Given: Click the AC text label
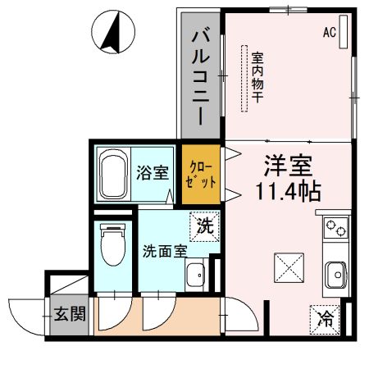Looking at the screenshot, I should pos(330,34).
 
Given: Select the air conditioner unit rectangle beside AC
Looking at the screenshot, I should pos(344,33).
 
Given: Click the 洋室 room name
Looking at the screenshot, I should pos(286,165).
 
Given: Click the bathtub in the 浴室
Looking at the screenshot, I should pos(113,173).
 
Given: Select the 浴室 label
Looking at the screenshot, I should pos(153,174).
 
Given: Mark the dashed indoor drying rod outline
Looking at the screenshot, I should pos(244,79).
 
